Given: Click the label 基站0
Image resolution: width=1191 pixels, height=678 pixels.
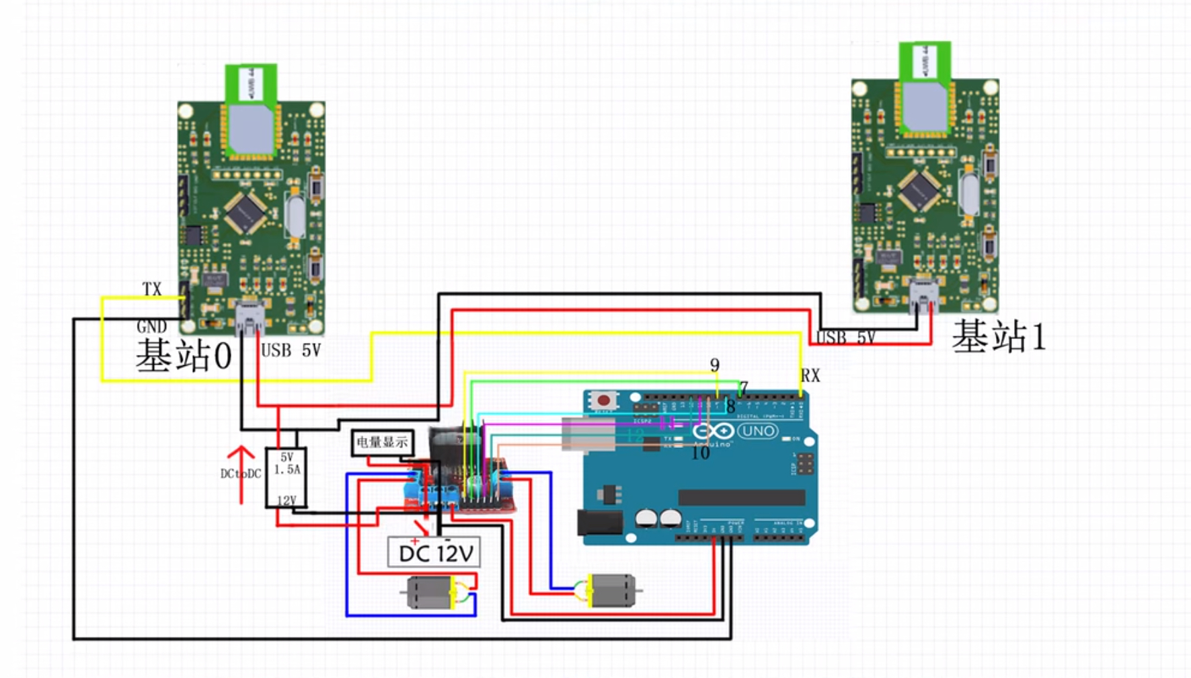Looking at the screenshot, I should click(x=184, y=356).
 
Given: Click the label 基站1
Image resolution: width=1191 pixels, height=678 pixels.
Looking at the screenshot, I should click(x=999, y=336).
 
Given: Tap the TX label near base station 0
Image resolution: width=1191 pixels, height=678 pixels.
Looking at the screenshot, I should click(x=152, y=289).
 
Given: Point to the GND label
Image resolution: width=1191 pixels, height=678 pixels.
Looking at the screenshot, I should click(x=151, y=327).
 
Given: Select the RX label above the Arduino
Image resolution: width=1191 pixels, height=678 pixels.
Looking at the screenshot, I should click(x=810, y=376).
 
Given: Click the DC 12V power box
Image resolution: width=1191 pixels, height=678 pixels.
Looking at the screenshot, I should click(x=434, y=552).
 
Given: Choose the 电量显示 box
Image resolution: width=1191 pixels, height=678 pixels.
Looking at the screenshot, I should click(x=382, y=443).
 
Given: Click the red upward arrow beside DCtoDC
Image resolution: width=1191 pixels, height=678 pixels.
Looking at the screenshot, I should click(x=241, y=474).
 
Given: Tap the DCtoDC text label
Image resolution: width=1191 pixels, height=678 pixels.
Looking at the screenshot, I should click(x=240, y=474).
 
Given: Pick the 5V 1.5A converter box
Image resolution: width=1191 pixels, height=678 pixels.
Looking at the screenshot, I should click(x=286, y=478).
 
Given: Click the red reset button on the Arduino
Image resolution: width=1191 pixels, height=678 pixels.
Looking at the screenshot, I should click(x=603, y=401).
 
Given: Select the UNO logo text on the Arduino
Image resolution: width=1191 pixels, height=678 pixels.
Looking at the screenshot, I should click(x=758, y=431).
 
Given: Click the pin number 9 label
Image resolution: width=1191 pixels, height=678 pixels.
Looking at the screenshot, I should click(x=715, y=365).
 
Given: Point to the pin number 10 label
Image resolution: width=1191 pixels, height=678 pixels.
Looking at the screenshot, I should click(x=700, y=453).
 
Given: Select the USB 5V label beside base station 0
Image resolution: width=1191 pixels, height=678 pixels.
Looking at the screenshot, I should click(x=291, y=350).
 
